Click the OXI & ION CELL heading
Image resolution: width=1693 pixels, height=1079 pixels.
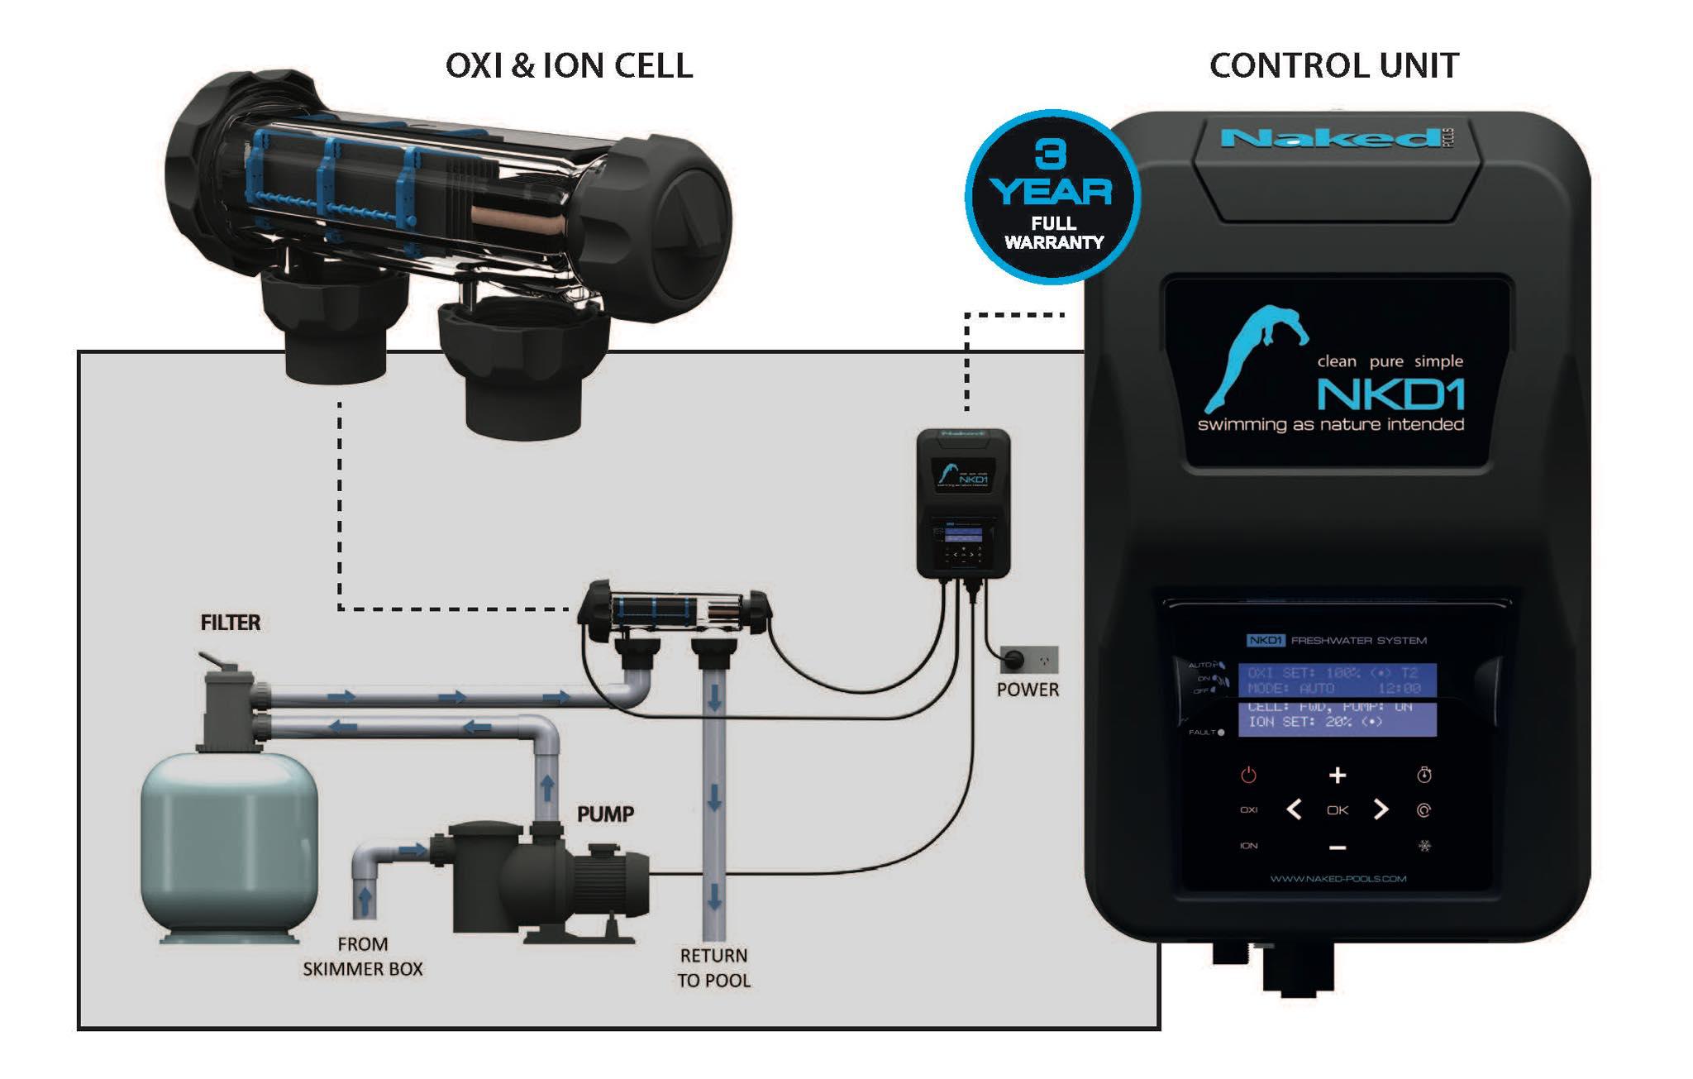point(569,66)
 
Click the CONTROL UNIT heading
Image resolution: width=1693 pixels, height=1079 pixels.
point(1333,66)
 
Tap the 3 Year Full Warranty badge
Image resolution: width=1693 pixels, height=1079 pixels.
point(1052,197)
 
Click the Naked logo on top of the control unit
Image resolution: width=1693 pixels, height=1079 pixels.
point(1331,138)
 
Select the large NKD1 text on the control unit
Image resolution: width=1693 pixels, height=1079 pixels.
point(1390,394)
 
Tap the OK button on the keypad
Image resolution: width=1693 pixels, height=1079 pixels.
point(1337,810)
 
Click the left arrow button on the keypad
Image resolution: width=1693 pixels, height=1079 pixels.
point(1295,810)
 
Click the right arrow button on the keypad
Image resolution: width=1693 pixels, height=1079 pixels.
point(1381,810)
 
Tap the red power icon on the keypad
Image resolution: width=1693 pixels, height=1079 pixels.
point(1248,775)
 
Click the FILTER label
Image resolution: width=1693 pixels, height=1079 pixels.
point(230,623)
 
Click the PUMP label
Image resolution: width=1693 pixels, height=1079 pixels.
point(605,814)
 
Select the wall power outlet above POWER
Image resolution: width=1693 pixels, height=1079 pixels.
point(1028,660)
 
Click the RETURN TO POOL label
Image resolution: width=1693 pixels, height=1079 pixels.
point(713,967)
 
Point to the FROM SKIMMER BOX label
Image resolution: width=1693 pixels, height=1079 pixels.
point(362,957)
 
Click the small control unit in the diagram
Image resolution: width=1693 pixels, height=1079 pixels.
point(963,503)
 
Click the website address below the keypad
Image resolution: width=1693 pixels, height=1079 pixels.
point(1338,879)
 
